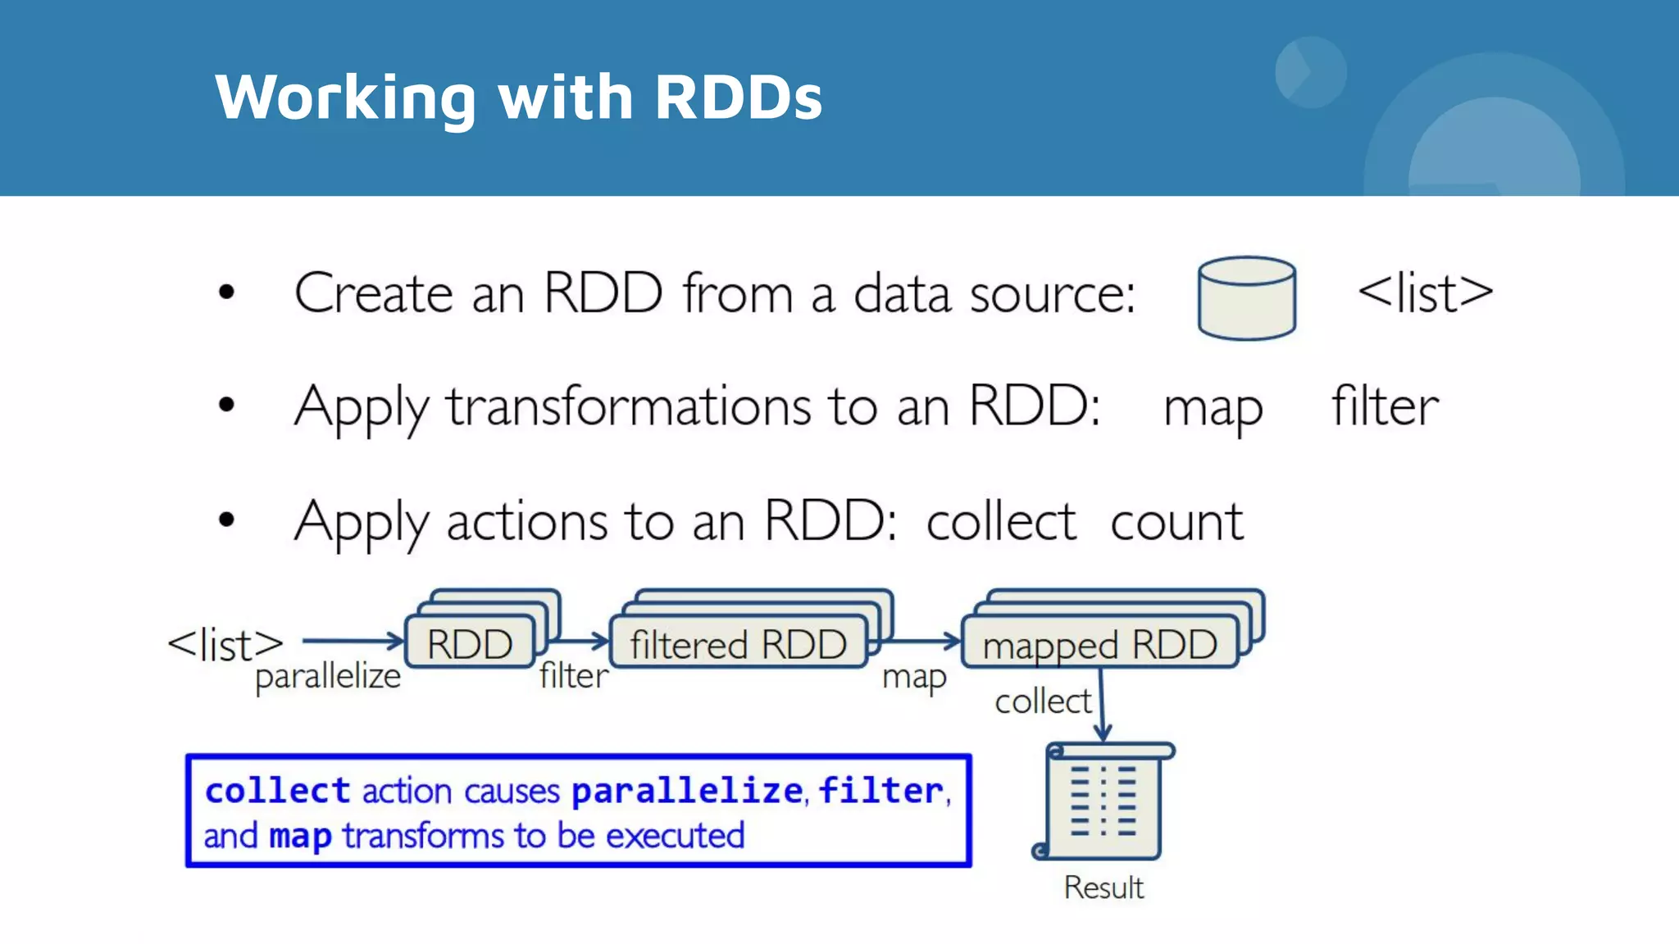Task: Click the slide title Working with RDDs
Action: pos(518,97)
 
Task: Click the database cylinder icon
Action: pos(1246,297)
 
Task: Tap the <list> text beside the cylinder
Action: pos(1425,293)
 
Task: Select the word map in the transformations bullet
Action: pos(1213,408)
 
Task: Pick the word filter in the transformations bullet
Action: pos(1384,406)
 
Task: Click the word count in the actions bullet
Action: pos(1176,521)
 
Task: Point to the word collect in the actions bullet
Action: pos(1000,521)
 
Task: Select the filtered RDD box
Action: pos(738,644)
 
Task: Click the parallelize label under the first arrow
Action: pos(328,677)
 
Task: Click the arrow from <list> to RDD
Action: pos(353,640)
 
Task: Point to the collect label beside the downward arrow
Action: pos(1042,701)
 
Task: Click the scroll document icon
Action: pos(1103,801)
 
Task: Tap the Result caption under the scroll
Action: pos(1103,887)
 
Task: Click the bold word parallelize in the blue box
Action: pos(687,791)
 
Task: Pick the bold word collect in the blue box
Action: pos(278,791)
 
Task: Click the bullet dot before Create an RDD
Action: pos(226,292)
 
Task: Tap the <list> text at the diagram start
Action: pos(225,645)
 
